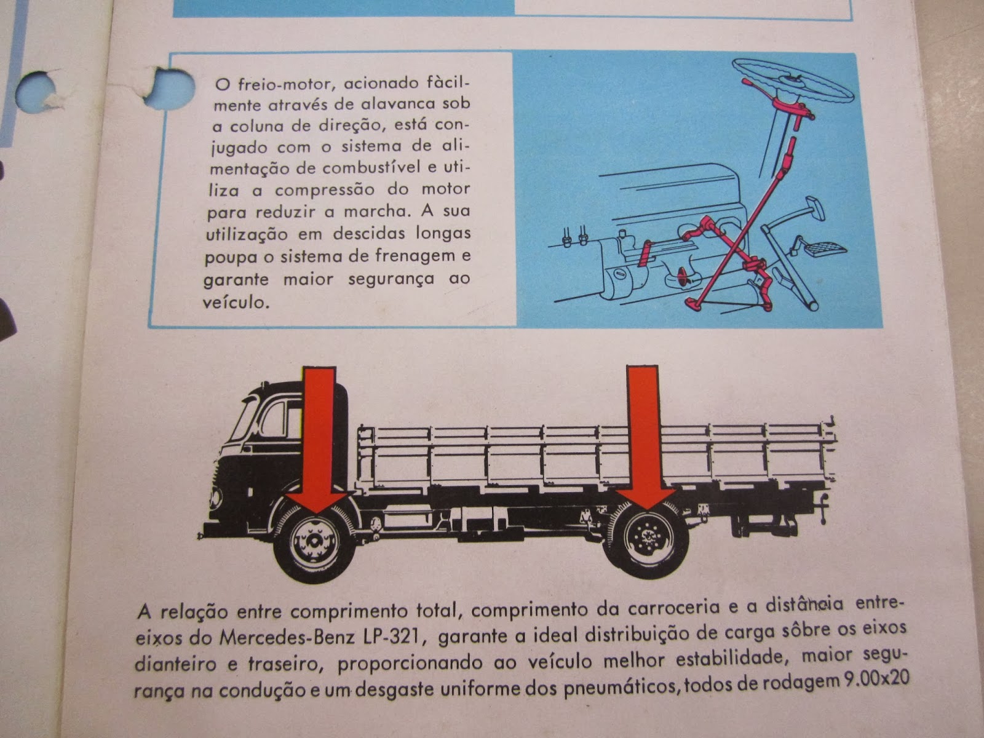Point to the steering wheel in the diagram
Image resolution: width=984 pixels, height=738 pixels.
coord(793,82)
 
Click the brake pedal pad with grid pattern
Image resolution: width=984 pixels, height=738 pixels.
coord(823,248)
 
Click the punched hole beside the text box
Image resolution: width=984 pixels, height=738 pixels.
coord(173,89)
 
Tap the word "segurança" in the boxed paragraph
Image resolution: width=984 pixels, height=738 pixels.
coord(391,279)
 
